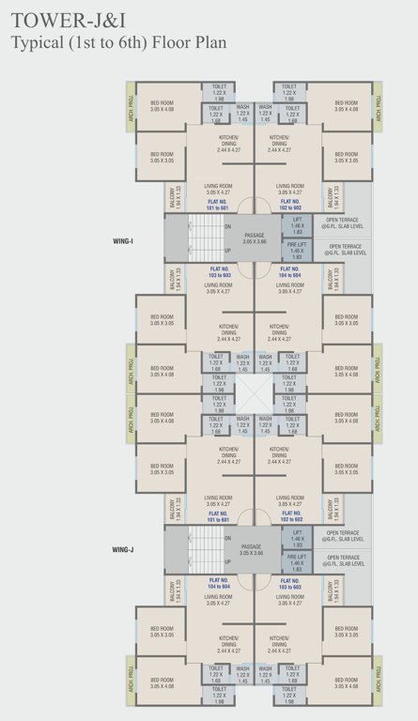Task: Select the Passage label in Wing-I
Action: click(x=255, y=238)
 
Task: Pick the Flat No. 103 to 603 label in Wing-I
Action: click(x=220, y=271)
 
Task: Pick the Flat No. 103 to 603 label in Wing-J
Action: click(x=290, y=582)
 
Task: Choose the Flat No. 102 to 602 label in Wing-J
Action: click(x=290, y=515)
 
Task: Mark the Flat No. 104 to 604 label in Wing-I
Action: click(x=290, y=271)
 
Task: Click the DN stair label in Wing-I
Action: click(x=227, y=226)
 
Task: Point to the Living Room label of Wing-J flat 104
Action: click(x=220, y=598)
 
